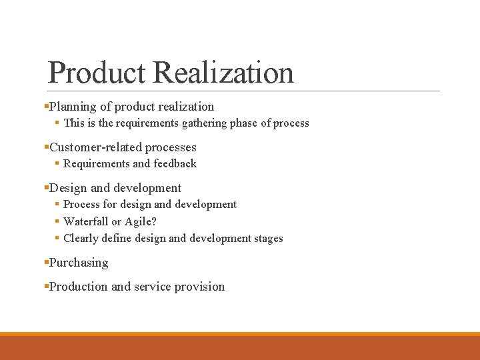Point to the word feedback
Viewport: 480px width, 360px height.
(175, 164)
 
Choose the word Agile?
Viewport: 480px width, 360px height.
(141, 221)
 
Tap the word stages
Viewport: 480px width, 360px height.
(267, 239)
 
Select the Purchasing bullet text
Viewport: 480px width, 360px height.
(79, 263)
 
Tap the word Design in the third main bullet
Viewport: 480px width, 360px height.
(68, 188)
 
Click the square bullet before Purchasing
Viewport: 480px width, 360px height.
(46, 263)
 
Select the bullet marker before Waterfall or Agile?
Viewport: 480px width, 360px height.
(57, 221)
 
